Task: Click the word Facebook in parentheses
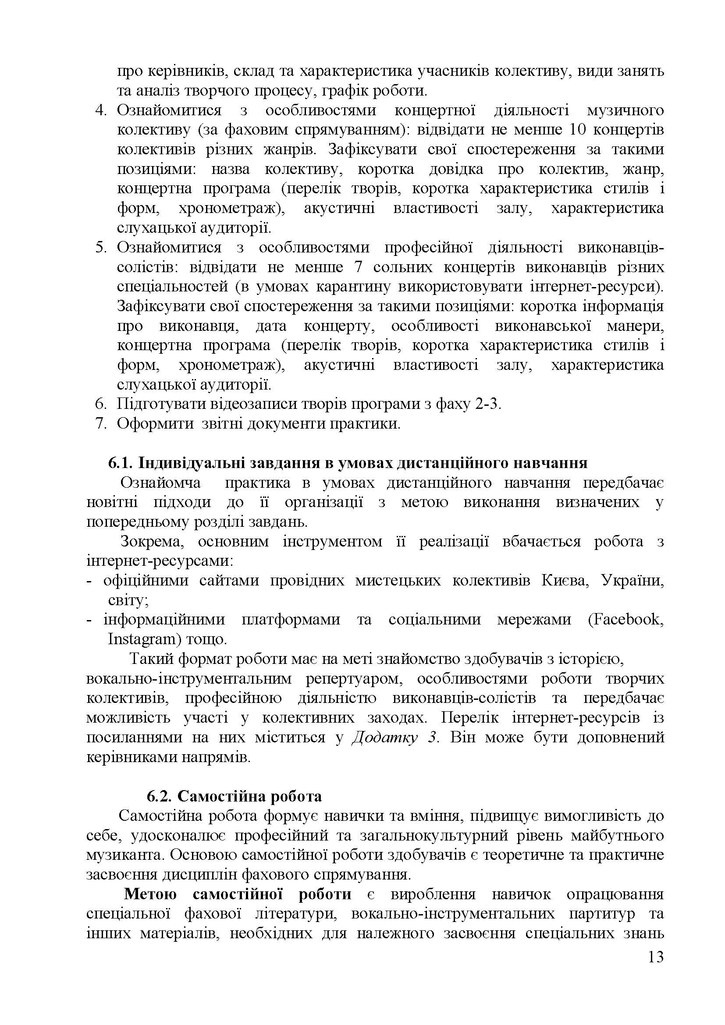[627, 620]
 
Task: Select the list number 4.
[101, 110]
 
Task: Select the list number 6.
[101, 404]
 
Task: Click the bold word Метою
[150, 895]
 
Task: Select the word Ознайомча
[161, 482]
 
